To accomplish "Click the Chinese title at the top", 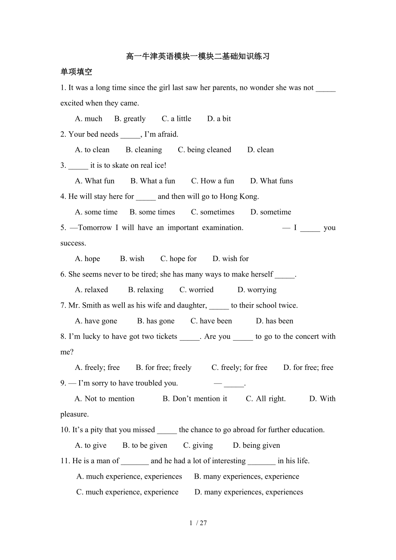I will pyautogui.click(x=198, y=56).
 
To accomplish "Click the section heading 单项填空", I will pyautogui.click(x=76, y=72).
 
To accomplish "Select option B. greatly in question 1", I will pyautogui.click(x=130, y=119).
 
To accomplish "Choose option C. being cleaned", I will pyautogui.click(x=204, y=150).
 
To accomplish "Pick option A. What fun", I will pyautogui.click(x=95, y=181).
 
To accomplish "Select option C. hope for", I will pyautogui.click(x=179, y=258).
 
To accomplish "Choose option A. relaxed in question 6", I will pyautogui.click(x=91, y=290).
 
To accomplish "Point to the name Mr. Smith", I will pyautogui.click(x=84, y=305).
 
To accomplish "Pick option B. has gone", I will pyautogui.click(x=156, y=321).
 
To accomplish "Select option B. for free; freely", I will pyautogui.click(x=164, y=367).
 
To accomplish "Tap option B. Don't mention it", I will pyautogui.click(x=195, y=399).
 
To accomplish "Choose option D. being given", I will pyautogui.click(x=257, y=445).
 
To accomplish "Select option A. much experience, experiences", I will pyautogui.click(x=129, y=477).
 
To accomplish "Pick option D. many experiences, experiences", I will pyautogui.click(x=249, y=492).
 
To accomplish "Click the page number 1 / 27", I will pyautogui.click(x=198, y=523).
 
